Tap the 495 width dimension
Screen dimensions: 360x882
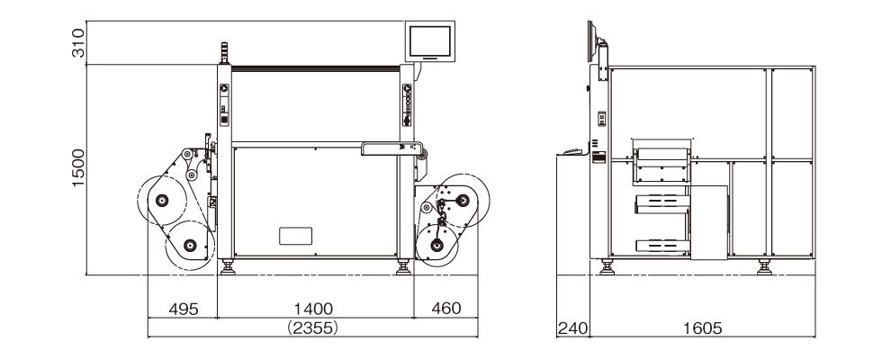point(184,308)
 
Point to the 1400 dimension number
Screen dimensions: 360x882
point(313,308)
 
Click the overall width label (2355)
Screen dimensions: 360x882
point(312,328)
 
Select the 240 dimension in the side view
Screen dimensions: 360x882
point(571,328)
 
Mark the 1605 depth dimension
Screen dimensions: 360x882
point(702,328)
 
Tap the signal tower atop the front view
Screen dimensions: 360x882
point(222,52)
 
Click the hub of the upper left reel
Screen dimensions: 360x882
point(162,200)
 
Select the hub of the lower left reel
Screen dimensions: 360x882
point(190,245)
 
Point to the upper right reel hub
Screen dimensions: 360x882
point(464,199)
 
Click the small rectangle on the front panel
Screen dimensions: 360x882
point(295,236)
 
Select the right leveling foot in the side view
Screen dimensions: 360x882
point(764,266)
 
